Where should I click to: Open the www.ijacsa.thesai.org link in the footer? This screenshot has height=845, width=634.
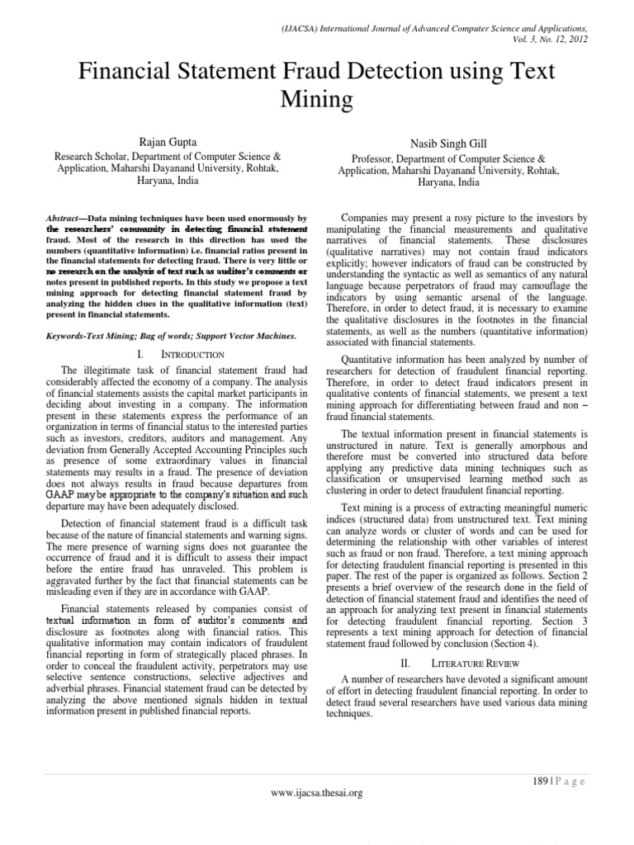(317, 793)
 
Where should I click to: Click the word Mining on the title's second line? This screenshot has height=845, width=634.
(318, 100)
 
